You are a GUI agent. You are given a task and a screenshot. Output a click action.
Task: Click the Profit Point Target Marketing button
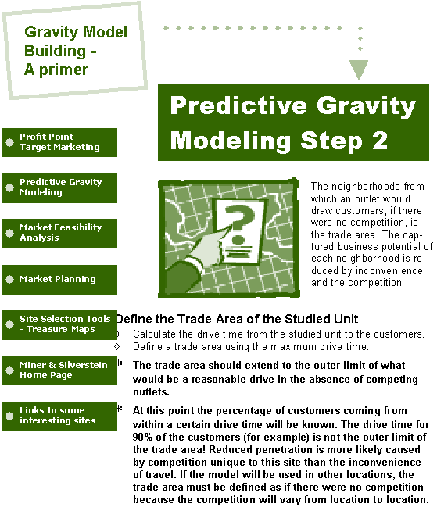click(59, 142)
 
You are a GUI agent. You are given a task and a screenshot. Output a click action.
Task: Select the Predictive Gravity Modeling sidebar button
click(59, 187)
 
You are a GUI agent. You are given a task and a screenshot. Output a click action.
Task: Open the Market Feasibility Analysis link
click(59, 234)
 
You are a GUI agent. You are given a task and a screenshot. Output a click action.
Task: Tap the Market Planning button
click(59, 279)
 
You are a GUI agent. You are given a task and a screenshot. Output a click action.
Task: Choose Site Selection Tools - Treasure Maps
click(59, 325)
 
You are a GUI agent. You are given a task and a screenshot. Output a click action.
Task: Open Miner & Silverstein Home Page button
click(59, 370)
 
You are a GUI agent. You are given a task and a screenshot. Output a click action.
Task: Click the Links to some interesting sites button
click(59, 416)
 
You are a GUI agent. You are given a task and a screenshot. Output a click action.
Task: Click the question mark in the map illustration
click(239, 224)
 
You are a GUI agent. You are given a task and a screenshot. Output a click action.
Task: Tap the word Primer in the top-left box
click(63, 70)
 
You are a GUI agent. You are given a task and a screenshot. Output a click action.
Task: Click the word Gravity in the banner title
click(366, 106)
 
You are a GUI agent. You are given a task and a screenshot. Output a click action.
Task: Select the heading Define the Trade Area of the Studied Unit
click(238, 319)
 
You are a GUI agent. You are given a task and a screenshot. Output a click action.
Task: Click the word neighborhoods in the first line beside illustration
click(365, 186)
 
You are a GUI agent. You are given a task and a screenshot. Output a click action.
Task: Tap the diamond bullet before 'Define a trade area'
click(116, 347)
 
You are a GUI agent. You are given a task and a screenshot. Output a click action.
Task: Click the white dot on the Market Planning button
click(9, 279)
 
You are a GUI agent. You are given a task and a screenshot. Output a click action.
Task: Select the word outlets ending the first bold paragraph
click(151, 391)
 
